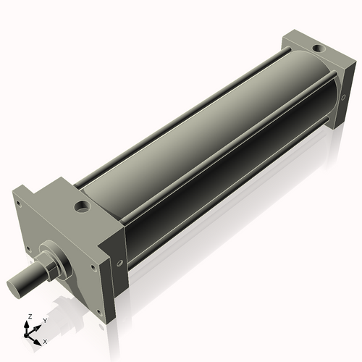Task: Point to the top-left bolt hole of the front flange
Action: pos(20,204)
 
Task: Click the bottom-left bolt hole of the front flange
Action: pos(29,251)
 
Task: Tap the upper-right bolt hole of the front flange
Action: pos(93,266)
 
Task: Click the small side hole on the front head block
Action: pos(120,262)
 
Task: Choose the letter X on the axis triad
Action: pos(45,340)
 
